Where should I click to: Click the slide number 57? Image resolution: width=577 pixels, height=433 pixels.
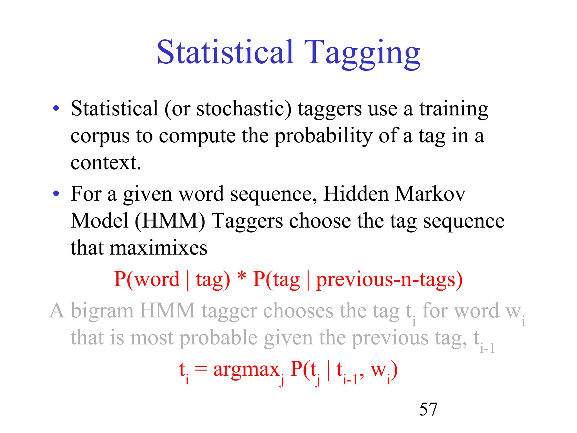click(x=428, y=409)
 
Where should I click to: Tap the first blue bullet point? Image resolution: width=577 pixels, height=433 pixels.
click(x=56, y=108)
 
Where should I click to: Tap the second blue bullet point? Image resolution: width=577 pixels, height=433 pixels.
click(x=56, y=193)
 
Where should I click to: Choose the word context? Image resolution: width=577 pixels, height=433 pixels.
click(x=105, y=163)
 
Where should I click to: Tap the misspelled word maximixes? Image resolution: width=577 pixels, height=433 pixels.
click(x=158, y=248)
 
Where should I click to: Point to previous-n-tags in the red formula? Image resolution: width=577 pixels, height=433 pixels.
click(x=389, y=280)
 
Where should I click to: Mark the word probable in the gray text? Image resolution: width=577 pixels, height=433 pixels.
click(x=218, y=338)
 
